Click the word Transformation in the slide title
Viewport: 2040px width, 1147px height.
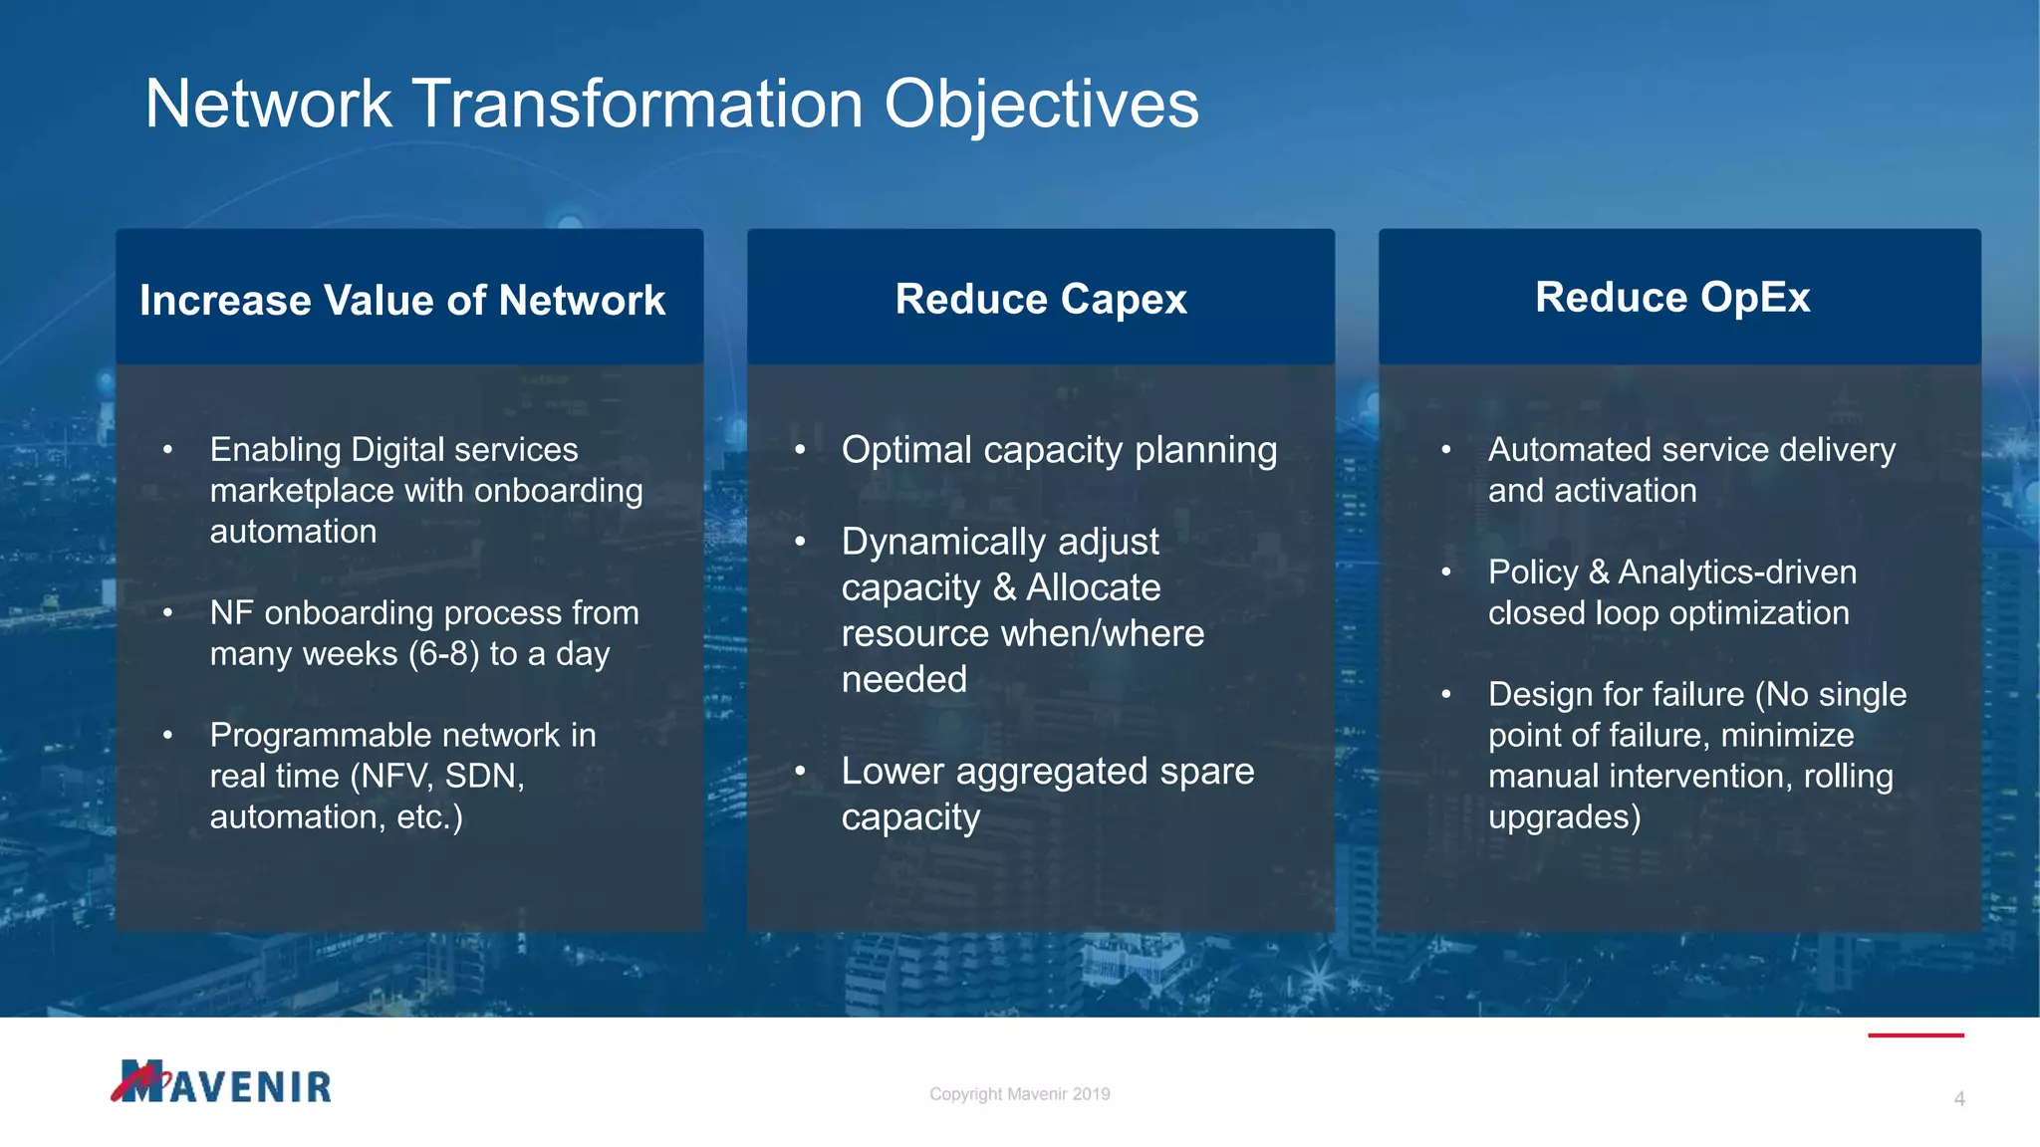[637, 105]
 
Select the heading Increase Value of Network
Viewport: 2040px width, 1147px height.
[402, 301]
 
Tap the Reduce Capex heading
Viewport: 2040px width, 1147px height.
[1041, 300]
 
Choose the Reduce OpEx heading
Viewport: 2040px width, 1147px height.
[1672, 298]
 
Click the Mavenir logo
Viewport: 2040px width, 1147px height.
[221, 1082]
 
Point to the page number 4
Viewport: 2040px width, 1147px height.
[1958, 1099]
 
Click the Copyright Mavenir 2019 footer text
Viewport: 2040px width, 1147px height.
[1019, 1094]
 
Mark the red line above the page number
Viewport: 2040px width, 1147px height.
[1914, 1035]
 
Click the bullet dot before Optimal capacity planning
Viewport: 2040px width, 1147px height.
[800, 451]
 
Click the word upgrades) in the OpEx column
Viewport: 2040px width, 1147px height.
[1564, 817]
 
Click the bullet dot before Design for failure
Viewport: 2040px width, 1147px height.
[1445, 694]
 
